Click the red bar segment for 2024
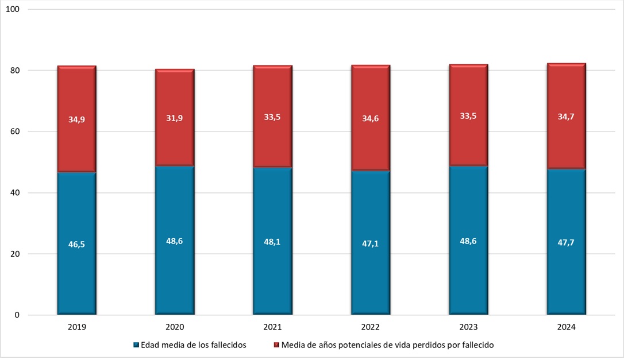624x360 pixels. pyautogui.click(x=567, y=144)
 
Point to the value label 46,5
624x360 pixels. pyautogui.click(x=76, y=244)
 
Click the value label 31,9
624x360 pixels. pyautogui.click(x=175, y=118)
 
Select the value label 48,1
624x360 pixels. pyautogui.click(x=272, y=242)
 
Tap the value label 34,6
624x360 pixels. pyautogui.click(x=371, y=118)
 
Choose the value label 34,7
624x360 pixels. pyautogui.click(x=567, y=117)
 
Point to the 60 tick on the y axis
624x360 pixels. pyautogui.click(x=14, y=131)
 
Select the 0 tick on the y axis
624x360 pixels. pyautogui.click(x=17, y=315)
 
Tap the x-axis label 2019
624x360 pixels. pyautogui.click(x=76, y=327)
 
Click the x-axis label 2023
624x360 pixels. pyautogui.click(x=468, y=327)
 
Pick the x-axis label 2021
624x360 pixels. pyautogui.click(x=272, y=327)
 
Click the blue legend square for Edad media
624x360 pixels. pyautogui.click(x=136, y=345)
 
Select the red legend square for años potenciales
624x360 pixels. pyautogui.click(x=276, y=345)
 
